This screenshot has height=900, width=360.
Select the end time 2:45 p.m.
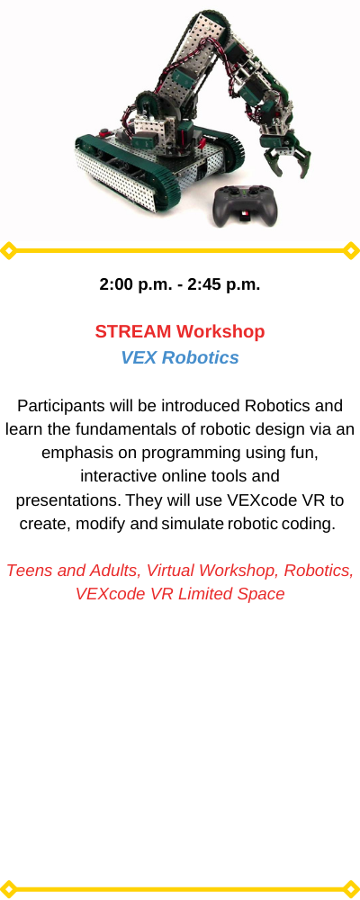tap(224, 284)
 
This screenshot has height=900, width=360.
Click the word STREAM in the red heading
tap(133, 331)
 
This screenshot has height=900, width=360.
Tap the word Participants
tap(61, 406)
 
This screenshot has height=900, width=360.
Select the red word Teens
tap(27, 571)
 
